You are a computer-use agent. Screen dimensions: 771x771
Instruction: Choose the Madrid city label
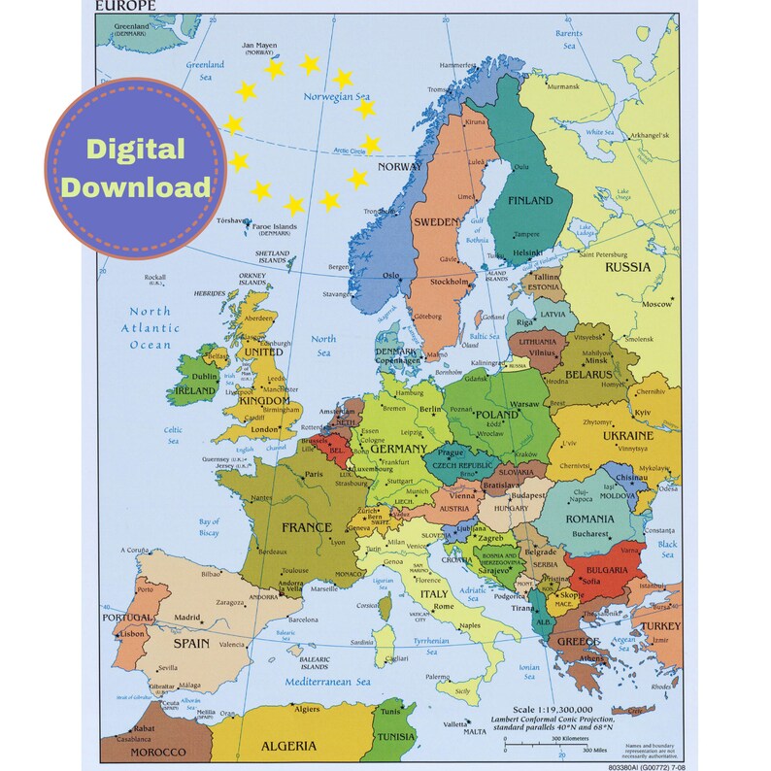click(x=187, y=618)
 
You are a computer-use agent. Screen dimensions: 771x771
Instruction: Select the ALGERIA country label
click(x=287, y=746)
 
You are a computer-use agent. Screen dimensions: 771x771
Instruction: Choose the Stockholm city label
click(x=450, y=283)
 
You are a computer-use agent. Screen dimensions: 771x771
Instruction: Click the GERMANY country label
click(x=398, y=450)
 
